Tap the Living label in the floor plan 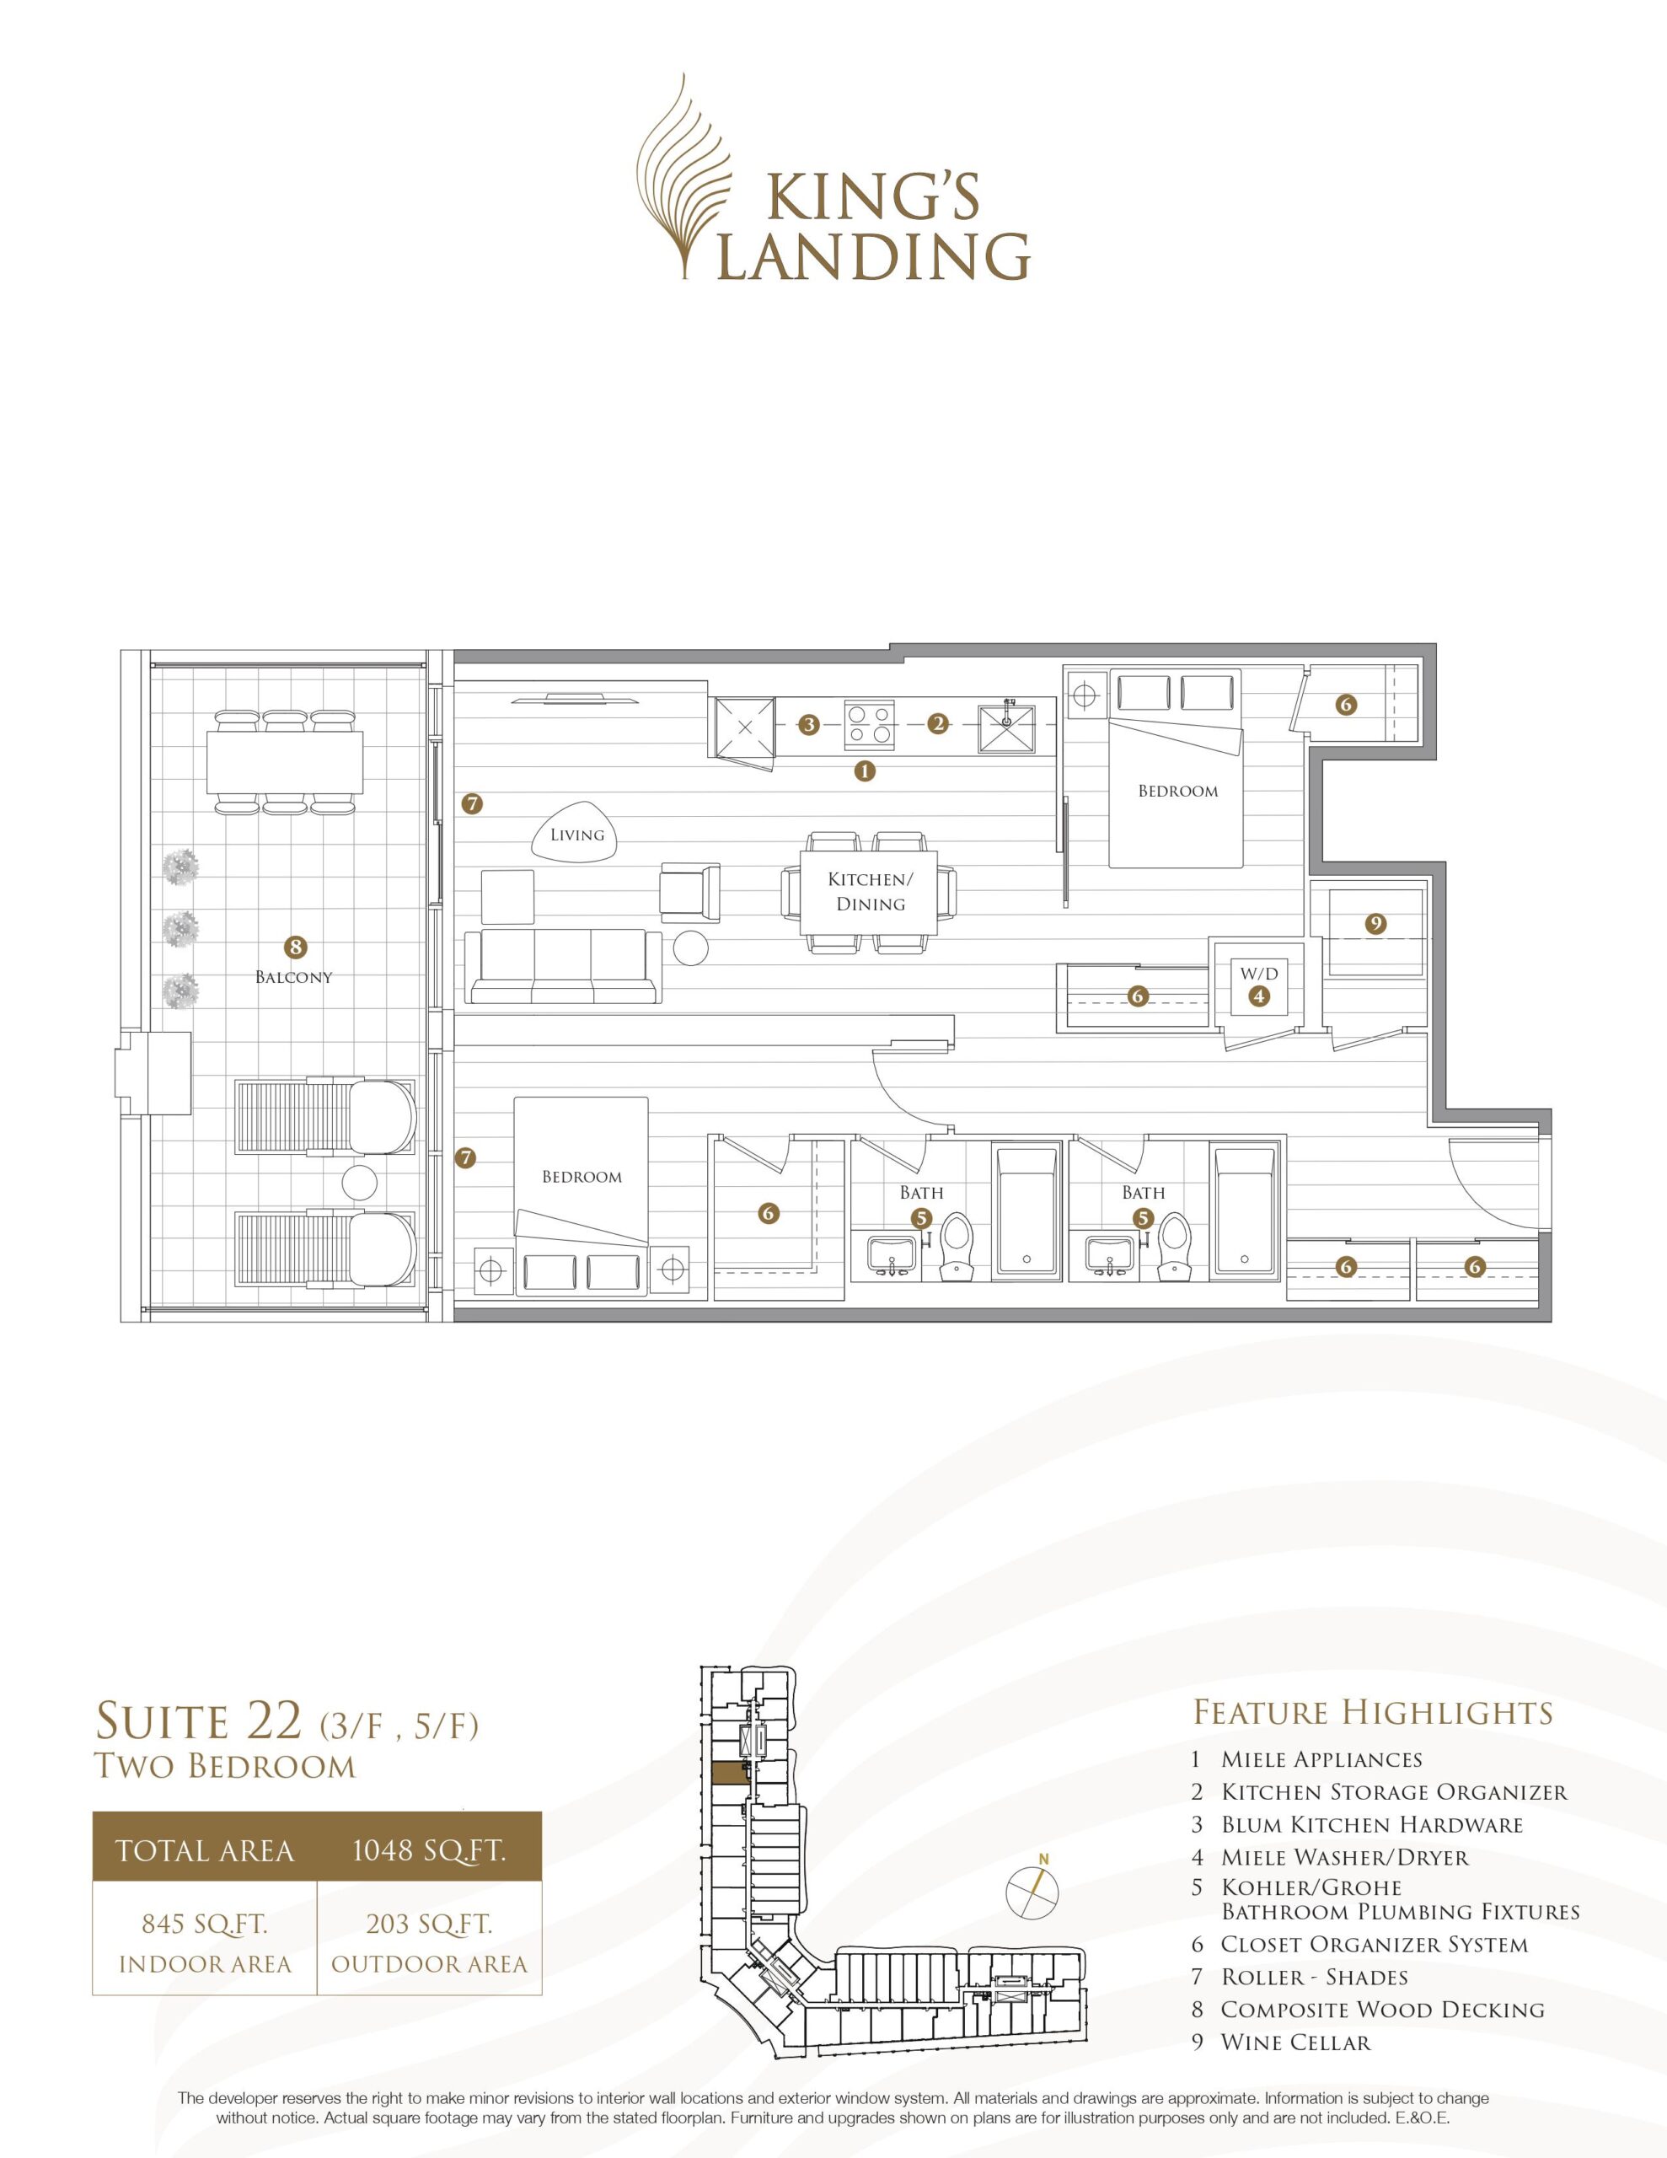[x=577, y=835]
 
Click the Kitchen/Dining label [x=866, y=891]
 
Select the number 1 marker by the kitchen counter [x=865, y=770]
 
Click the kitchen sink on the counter [x=1006, y=725]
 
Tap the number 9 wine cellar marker [x=1375, y=925]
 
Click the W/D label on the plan [x=1259, y=974]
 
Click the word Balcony [x=293, y=977]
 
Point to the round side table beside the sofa [x=691, y=948]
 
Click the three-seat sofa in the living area [x=563, y=968]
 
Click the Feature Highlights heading [x=1373, y=1712]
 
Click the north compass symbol [x=1032, y=1892]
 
